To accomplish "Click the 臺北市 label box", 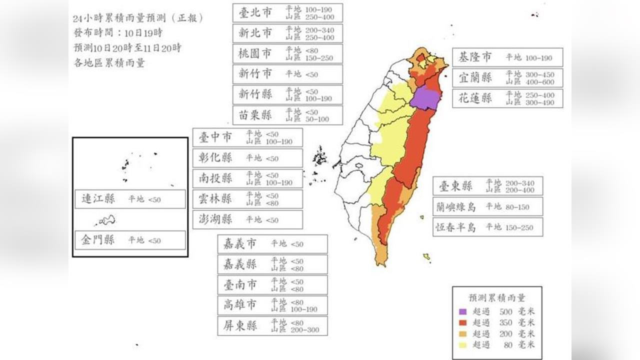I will (287, 13).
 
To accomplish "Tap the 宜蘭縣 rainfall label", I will (507, 77).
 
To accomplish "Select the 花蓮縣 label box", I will (507, 98).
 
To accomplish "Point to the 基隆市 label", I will (507, 57).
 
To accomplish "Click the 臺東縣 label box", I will (487, 186).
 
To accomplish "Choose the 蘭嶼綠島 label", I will (487, 206).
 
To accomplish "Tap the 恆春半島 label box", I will (487, 227).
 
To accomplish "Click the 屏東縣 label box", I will (272, 326).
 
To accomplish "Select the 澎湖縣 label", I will (247, 219).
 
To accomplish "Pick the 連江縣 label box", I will (130, 199).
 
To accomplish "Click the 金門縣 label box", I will (130, 240).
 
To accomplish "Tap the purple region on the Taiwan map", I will (424, 98).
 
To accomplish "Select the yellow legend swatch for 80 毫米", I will (464, 344).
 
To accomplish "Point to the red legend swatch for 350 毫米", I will (464, 322).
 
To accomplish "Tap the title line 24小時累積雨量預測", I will (137, 18).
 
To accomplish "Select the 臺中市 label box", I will (247, 137).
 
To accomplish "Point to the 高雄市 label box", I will (272, 305).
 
